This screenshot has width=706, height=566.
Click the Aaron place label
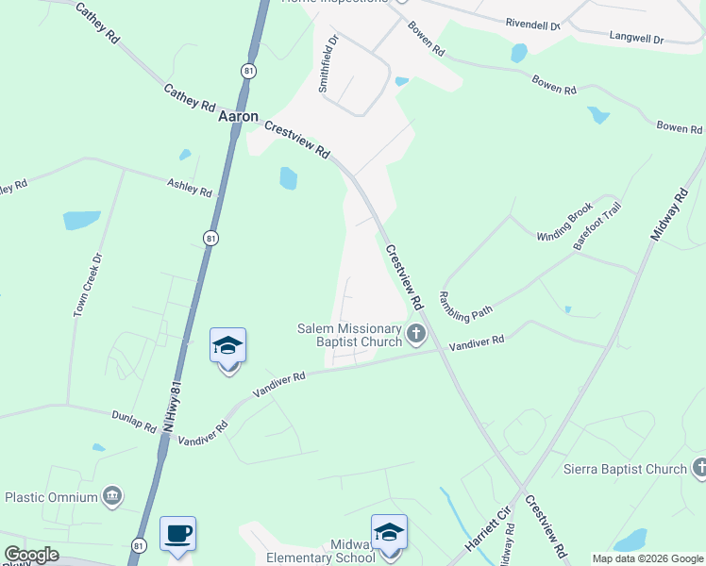pos(238,116)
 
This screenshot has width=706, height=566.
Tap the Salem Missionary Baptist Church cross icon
pos(415,334)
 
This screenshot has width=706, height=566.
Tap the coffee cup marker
pos(177,535)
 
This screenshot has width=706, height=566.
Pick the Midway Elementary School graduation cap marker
pos(389,533)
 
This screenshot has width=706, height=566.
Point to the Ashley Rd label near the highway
pos(190,188)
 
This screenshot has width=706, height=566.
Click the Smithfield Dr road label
pos(328,63)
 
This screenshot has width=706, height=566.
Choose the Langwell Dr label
pos(637,40)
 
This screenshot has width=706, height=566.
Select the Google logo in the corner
pos(31,556)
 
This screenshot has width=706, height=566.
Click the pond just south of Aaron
pos(288,177)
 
